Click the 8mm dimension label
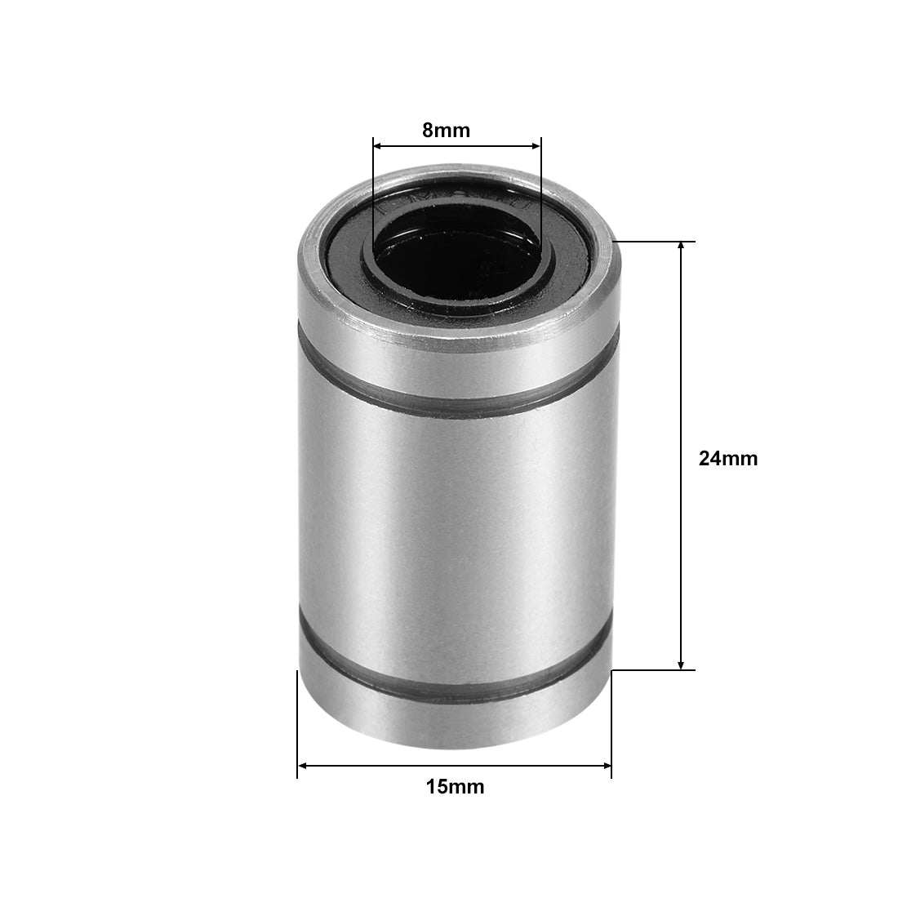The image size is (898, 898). click(x=447, y=130)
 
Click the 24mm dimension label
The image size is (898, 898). click(x=728, y=459)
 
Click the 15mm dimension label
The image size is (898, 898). click(x=455, y=787)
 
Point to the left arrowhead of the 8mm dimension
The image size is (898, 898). click(x=378, y=147)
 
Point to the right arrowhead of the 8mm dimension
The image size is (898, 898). click(x=536, y=147)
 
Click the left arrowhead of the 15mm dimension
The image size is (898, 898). click(x=302, y=766)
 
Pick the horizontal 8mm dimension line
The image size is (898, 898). click(x=457, y=147)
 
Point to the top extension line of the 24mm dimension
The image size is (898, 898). click(x=653, y=242)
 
